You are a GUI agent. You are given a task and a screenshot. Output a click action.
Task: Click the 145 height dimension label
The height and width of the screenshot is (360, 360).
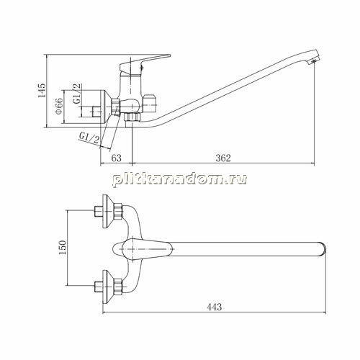(x=42, y=90)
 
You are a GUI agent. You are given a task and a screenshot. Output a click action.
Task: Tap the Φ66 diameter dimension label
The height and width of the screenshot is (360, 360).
(x=59, y=106)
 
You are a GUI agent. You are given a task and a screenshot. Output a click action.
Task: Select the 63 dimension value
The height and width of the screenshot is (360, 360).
(x=117, y=158)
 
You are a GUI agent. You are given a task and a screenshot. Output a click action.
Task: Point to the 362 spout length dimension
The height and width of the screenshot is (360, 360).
(x=223, y=158)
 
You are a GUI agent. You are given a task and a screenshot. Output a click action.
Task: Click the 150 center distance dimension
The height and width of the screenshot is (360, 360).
(x=63, y=248)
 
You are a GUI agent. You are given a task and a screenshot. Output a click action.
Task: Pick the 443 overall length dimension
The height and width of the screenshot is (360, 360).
(x=215, y=307)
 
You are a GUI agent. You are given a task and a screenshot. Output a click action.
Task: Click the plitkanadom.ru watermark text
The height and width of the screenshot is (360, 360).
(x=180, y=179)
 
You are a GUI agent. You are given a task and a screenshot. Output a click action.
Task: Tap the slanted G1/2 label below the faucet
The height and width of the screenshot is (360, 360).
(x=89, y=138)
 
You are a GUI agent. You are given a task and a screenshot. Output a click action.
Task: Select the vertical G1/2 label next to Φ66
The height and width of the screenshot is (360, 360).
(x=77, y=94)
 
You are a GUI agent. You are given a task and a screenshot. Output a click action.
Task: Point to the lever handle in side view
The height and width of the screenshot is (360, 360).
(x=145, y=63)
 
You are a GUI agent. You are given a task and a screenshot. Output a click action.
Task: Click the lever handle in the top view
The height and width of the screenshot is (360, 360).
(x=147, y=249)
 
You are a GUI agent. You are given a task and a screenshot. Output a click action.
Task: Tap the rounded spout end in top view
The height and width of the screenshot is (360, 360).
(x=323, y=249)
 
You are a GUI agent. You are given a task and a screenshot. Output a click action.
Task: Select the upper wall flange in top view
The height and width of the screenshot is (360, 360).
(x=107, y=211)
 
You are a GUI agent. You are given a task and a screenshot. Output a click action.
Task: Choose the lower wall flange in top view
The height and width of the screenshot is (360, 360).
(x=107, y=287)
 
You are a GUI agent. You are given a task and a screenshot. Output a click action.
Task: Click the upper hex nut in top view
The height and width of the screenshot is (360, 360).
(x=117, y=211)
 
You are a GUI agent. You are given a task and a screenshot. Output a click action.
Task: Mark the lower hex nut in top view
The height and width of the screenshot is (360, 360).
(x=117, y=287)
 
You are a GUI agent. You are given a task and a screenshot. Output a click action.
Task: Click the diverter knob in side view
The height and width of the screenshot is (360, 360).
(x=149, y=104)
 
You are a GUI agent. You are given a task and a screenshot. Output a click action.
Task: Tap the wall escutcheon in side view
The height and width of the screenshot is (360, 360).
(x=107, y=107)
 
